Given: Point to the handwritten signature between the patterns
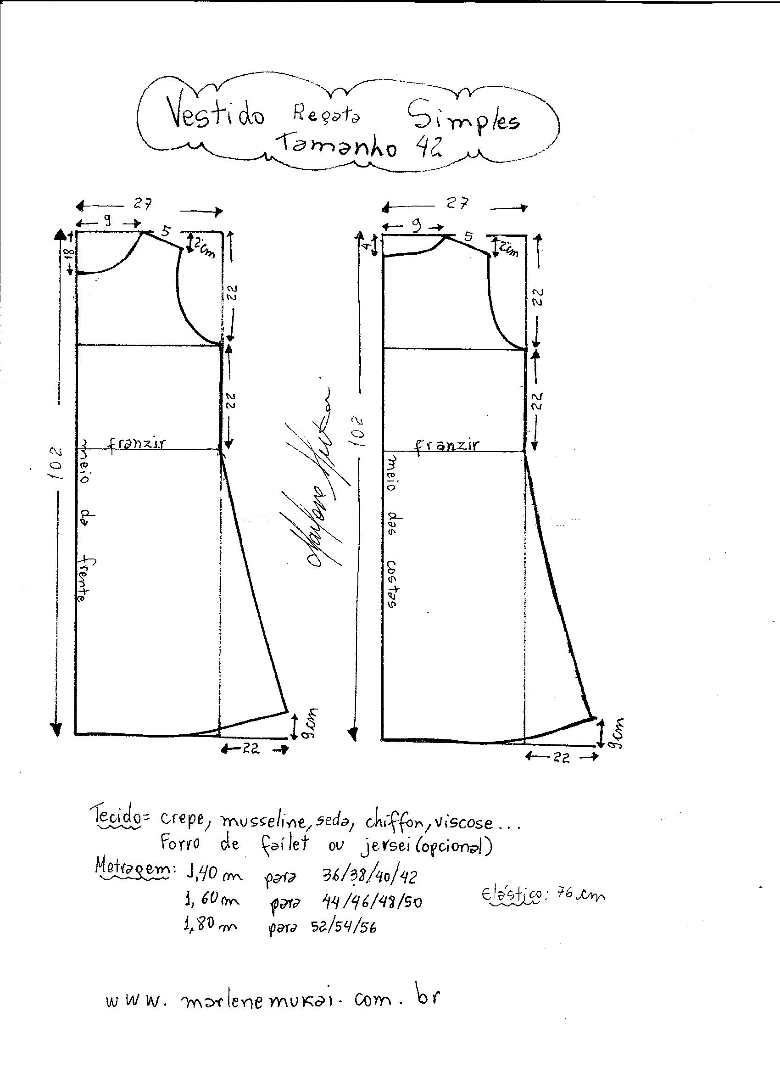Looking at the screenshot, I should click(322, 478).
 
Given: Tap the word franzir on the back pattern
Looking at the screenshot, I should click(447, 446).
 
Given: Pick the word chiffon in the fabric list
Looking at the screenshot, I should click(394, 823).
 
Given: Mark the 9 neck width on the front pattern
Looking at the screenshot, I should click(108, 221).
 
